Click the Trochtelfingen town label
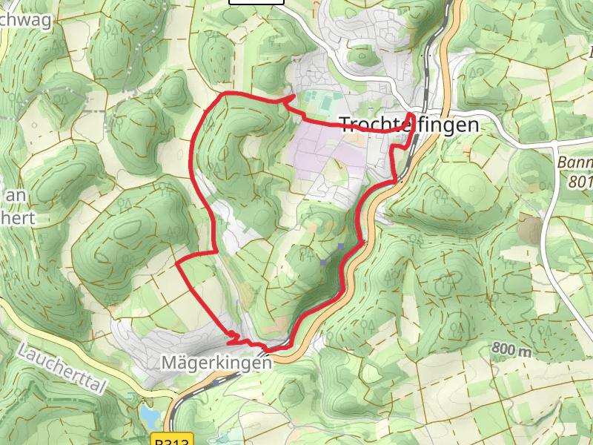pyautogui.click(x=408, y=125)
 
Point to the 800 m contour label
pyautogui.click(x=511, y=349)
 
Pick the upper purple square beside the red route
pyautogui.click(x=340, y=246)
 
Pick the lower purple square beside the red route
pyautogui.click(x=323, y=262)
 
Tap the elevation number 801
pyautogui.click(x=580, y=180)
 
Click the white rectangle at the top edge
pyautogui.click(x=256, y=2)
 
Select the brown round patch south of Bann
pyautogui.click(x=531, y=230)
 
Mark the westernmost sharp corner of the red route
pyautogui.click(x=176, y=263)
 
